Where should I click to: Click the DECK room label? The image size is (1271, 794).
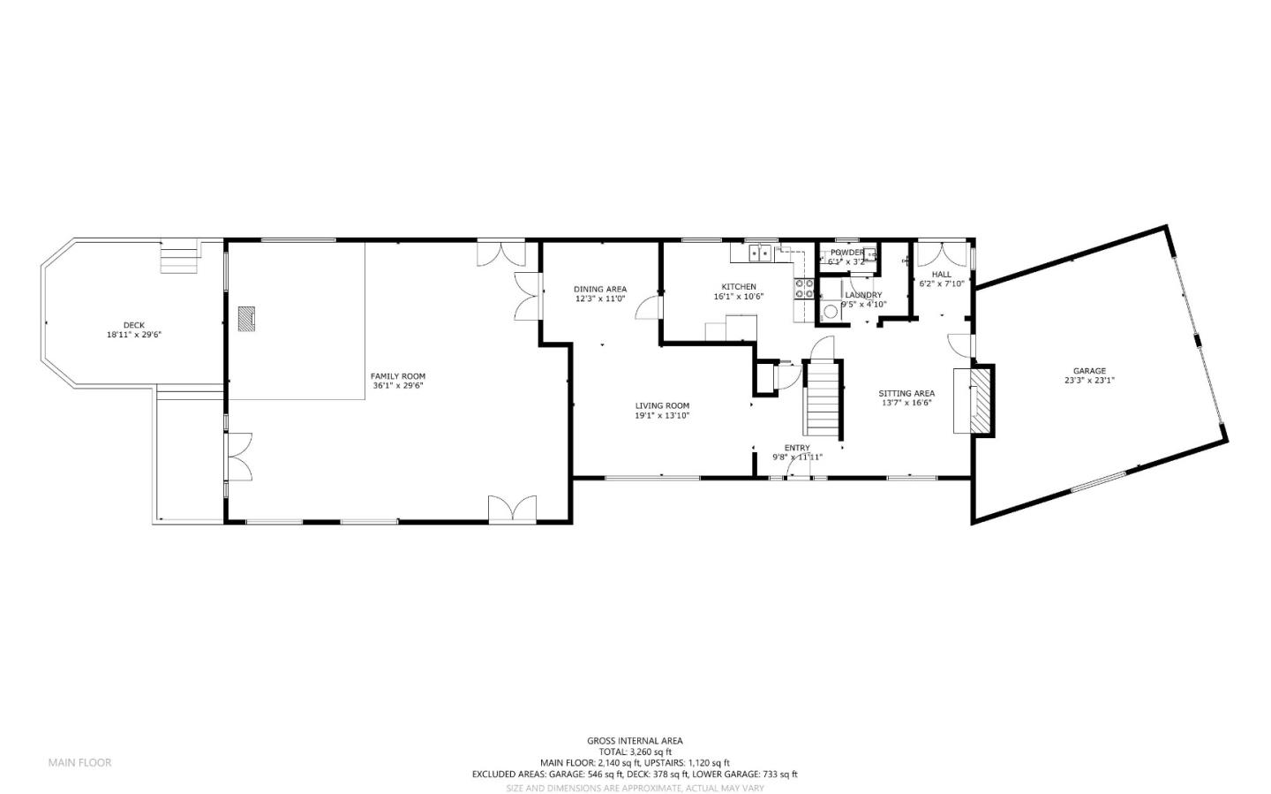(134, 325)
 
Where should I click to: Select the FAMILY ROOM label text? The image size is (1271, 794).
(397, 376)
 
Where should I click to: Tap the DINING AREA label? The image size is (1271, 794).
(600, 289)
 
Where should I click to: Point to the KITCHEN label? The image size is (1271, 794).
(739, 287)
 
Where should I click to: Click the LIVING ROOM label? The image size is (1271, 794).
(662, 406)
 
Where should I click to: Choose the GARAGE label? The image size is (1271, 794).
(1089, 371)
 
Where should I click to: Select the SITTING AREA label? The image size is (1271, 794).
(906, 394)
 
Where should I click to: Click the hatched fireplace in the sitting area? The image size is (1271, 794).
(981, 400)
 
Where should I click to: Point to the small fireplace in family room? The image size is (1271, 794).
(246, 318)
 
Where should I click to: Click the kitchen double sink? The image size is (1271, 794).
(760, 254)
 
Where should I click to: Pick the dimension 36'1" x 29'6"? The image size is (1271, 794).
(397, 386)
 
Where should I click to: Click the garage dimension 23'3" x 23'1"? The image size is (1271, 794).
(1089, 381)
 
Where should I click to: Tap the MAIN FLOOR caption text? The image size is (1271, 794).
(79, 762)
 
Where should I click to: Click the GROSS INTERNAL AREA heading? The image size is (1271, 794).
(635, 741)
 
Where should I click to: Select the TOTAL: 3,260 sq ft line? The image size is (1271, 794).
(635, 752)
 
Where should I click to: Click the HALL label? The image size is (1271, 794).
(942, 275)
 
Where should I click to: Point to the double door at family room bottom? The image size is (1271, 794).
(513, 508)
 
